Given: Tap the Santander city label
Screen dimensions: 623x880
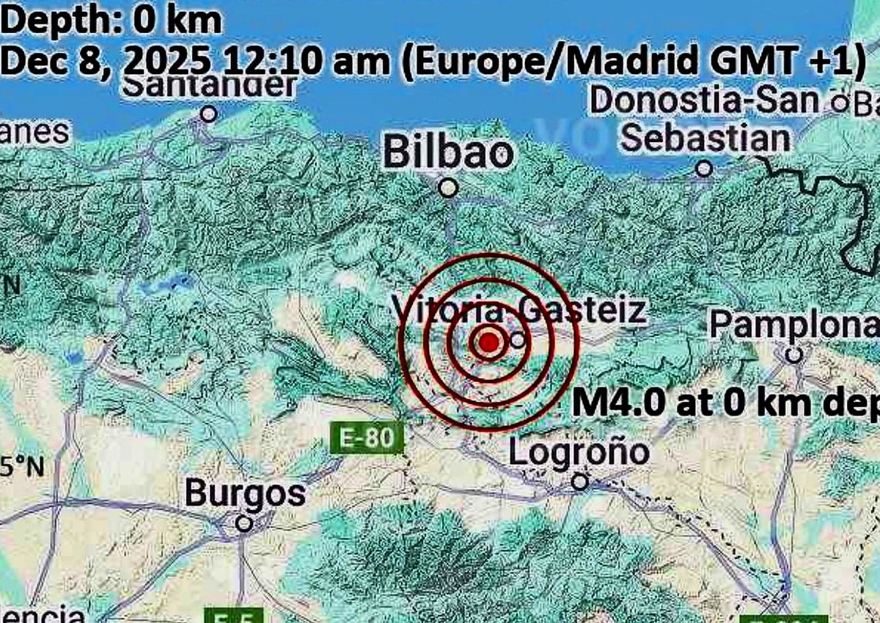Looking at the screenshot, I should [209, 86].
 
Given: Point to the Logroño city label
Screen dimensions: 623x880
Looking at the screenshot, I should [579, 452].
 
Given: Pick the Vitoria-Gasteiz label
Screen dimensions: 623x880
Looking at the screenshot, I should [519, 310].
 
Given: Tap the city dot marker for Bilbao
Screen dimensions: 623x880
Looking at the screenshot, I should [449, 188].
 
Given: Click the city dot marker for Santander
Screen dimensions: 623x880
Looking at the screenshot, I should [209, 114].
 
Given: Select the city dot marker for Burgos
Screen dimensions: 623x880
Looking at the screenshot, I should [244, 523].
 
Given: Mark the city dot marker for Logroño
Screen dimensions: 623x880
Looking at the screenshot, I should [580, 482].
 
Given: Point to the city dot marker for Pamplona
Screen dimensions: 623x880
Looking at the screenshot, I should [793, 355].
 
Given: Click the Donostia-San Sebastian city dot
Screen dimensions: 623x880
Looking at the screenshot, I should [704, 169].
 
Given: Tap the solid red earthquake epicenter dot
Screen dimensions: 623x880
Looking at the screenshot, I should [489, 342].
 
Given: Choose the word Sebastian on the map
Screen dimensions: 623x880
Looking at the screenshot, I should [705, 138].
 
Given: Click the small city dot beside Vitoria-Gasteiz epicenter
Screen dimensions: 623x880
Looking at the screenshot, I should [518, 339].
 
